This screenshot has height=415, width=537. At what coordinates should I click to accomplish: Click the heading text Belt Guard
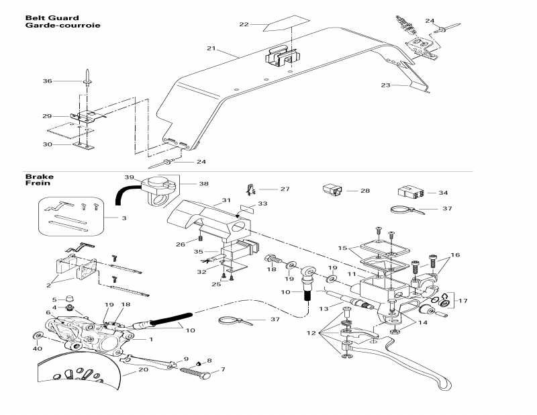(x=52, y=18)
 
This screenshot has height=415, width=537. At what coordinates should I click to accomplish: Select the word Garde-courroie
(x=62, y=26)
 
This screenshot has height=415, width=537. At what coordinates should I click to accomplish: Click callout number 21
(x=211, y=49)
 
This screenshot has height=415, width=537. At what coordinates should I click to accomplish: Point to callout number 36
(x=47, y=81)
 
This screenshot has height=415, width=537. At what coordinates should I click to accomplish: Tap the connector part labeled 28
(x=332, y=189)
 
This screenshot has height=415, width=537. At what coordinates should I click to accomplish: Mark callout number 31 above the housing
(x=226, y=201)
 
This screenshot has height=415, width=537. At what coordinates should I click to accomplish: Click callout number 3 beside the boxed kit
(x=124, y=218)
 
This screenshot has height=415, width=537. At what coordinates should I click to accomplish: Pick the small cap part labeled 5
(x=70, y=299)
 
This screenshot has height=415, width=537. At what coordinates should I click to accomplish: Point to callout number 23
(x=385, y=85)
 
